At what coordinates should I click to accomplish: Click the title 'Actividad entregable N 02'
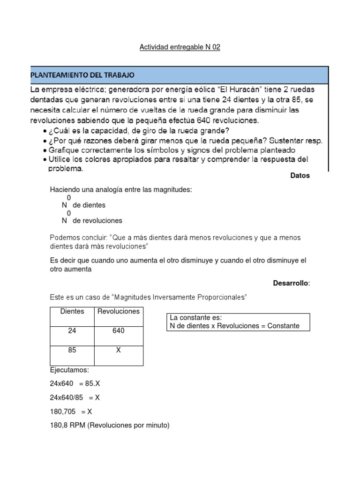pos(180,47)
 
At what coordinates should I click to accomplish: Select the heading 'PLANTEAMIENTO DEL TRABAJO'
pos(82,75)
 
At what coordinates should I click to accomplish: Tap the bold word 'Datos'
pos(300,176)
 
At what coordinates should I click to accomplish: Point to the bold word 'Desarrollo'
pos(291,283)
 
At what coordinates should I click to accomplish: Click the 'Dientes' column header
pos(72,311)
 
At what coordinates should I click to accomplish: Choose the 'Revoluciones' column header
pos(119,311)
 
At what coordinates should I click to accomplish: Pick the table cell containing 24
pos(72,331)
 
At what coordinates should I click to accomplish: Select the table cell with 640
pos(119,331)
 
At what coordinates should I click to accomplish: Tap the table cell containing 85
pos(72,350)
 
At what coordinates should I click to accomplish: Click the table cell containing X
pos(119,350)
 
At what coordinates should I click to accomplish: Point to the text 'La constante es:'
pos(192,318)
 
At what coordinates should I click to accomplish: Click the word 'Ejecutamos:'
pos(69,370)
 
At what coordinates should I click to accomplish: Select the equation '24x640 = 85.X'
pos(75,383)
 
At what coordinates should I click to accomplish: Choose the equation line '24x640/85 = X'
pos(75,397)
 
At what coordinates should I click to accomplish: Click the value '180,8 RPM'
pos(67,426)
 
